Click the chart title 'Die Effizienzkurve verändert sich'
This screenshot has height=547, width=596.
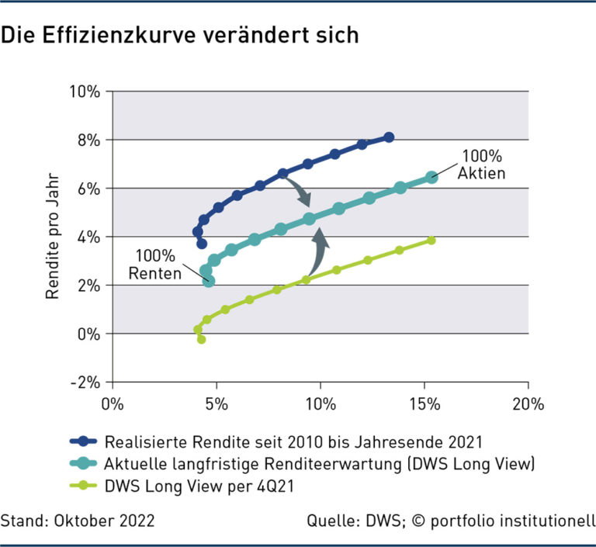179,36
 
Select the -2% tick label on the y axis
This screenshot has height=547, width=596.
86,383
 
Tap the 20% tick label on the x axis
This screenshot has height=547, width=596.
528,403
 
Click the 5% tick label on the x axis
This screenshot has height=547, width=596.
216,403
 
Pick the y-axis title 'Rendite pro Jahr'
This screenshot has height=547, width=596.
53,237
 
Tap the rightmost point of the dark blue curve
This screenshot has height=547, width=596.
389,137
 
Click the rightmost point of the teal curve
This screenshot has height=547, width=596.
432,177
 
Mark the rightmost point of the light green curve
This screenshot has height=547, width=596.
431,241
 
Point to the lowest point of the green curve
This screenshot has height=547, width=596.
202,339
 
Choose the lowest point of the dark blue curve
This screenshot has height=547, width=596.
202,244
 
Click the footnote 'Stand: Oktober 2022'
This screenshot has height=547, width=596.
78,520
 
